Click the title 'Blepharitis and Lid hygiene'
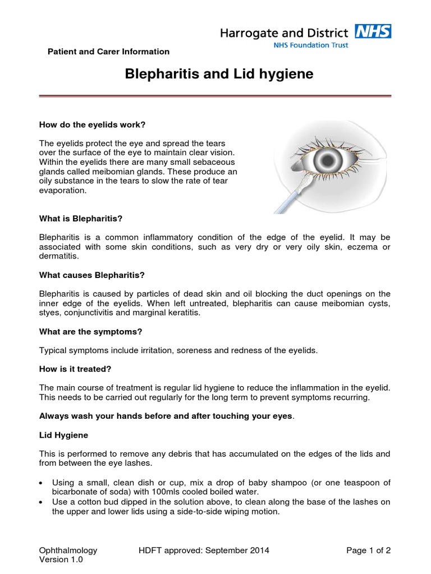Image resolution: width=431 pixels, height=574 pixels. (x=215, y=75)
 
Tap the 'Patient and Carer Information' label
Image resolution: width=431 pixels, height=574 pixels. (x=107, y=52)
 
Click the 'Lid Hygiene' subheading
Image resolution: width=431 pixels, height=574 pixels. (x=63, y=434)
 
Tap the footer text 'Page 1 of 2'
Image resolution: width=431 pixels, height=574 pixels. (x=368, y=550)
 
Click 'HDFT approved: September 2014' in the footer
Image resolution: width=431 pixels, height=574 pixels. (x=204, y=550)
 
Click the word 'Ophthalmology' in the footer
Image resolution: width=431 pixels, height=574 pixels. (x=68, y=550)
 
